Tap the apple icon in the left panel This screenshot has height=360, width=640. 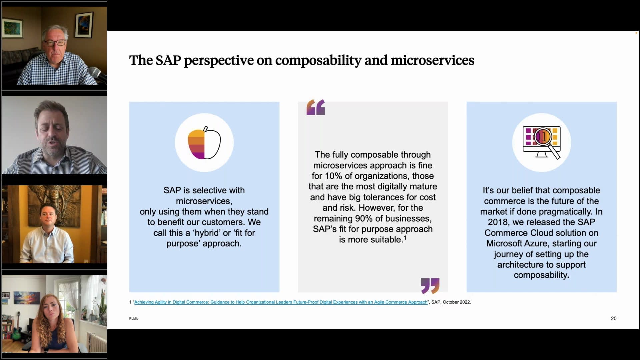click(x=204, y=143)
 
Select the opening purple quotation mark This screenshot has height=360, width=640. click(x=315, y=107)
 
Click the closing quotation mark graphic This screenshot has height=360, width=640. click(x=430, y=286)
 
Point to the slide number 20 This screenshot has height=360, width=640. click(x=613, y=319)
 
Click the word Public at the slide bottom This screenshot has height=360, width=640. click(x=134, y=319)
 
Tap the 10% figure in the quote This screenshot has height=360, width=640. click(x=334, y=176)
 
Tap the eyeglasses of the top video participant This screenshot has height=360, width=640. click(x=55, y=43)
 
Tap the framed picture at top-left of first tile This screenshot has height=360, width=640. click(x=13, y=28)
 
